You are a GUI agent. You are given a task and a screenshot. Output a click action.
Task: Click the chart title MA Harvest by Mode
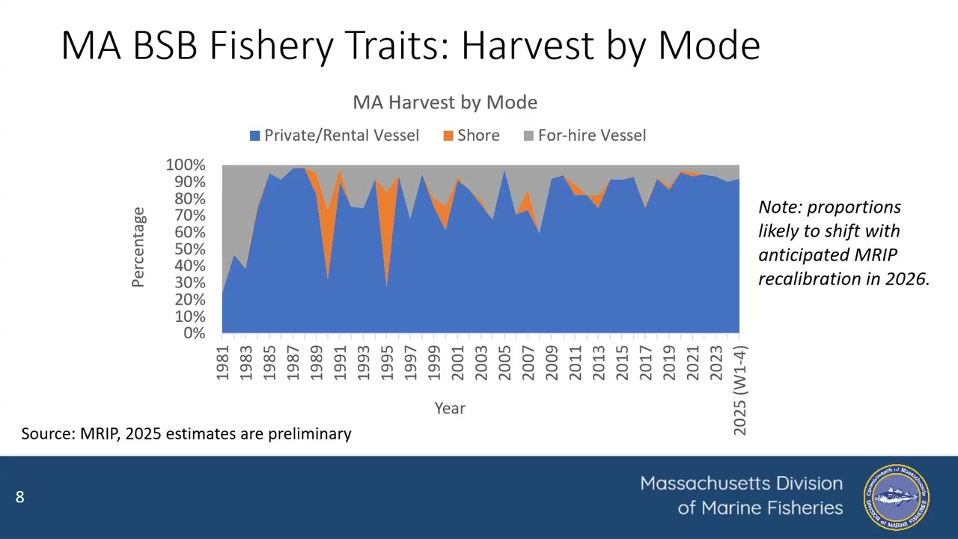(x=445, y=103)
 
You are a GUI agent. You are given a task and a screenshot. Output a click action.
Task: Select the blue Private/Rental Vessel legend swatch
(x=254, y=135)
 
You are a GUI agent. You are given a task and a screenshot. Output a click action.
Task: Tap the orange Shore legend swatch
(x=448, y=135)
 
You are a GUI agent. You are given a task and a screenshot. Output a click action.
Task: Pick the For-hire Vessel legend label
(x=591, y=135)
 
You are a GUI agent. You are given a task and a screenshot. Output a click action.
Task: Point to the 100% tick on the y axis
(x=186, y=165)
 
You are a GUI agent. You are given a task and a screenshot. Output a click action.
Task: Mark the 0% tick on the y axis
(x=194, y=333)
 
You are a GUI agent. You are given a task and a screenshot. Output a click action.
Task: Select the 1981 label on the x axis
(x=223, y=362)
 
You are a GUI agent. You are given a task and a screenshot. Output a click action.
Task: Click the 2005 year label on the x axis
(x=505, y=362)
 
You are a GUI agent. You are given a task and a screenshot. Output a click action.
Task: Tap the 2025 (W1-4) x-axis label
(x=739, y=389)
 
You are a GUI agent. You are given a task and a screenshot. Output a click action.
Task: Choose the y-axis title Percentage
(x=138, y=248)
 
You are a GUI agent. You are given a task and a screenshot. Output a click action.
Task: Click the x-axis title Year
(x=450, y=409)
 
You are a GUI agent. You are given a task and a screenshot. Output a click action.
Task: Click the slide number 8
(x=19, y=497)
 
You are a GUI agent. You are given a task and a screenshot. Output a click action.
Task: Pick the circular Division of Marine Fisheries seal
(x=896, y=497)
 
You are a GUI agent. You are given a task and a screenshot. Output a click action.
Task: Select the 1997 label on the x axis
(x=411, y=362)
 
